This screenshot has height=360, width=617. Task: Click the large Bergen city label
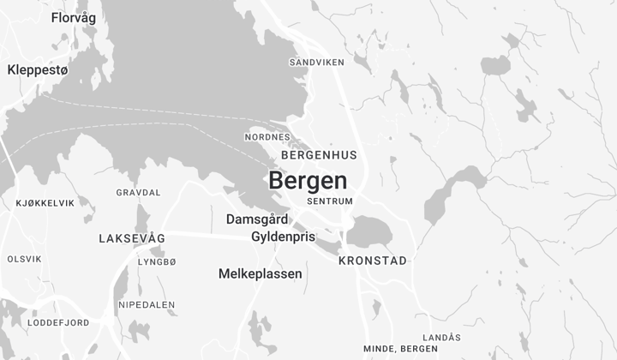coord(308,181)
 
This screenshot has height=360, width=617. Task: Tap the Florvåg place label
coord(74,17)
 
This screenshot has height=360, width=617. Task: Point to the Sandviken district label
coord(316,63)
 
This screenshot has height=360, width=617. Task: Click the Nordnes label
coord(267,137)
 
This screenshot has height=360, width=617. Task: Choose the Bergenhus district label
coord(318,155)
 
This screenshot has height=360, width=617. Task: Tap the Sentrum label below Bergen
coord(330,201)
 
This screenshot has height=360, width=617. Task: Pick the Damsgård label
coord(257,219)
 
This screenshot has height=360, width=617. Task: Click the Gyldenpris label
coord(283,237)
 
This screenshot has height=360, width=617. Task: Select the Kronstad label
coord(372,260)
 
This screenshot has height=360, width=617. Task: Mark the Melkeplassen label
coord(261,274)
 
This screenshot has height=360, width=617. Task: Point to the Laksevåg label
coord(131,237)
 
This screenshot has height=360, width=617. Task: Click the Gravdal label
coord(138,193)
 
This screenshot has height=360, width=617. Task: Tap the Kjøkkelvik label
coord(45,203)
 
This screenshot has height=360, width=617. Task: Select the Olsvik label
coord(24,259)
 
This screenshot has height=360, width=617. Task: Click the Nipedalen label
coord(147,304)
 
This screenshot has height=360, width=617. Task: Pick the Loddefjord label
coord(58,322)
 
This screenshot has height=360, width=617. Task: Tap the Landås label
coord(443,337)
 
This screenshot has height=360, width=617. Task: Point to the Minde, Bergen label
coord(400,349)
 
